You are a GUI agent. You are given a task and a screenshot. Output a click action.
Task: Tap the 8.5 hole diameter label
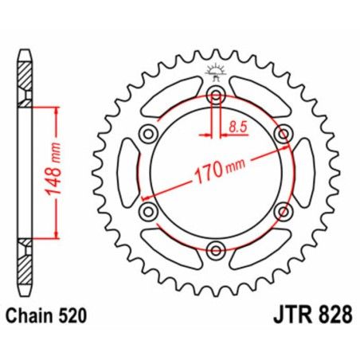pyautogui.click(x=237, y=125)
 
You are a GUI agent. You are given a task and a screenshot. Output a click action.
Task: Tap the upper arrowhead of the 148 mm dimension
pyautogui.click(x=56, y=109)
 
